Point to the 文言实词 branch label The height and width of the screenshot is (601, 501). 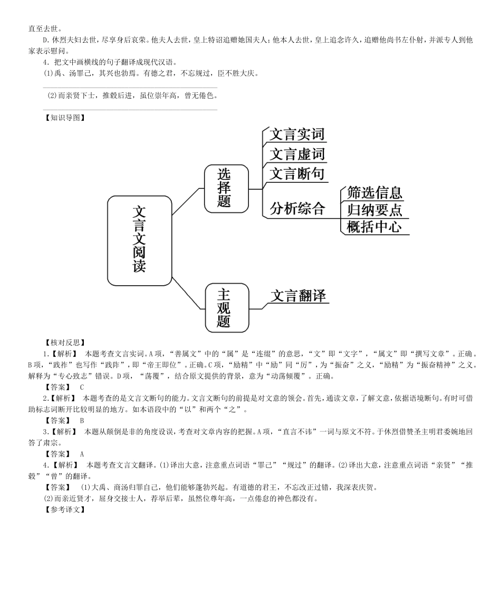pyautogui.click(x=296, y=134)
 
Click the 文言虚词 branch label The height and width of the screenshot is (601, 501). pyautogui.click(x=297, y=154)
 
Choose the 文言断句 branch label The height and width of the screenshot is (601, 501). pyautogui.click(x=297, y=174)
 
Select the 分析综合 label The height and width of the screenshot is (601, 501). pyautogui.click(x=297, y=209)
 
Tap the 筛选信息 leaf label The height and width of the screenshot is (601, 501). pyautogui.click(x=374, y=193)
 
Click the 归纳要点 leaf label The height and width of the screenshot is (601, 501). pyautogui.click(x=374, y=210)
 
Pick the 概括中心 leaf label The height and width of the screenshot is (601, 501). pyautogui.click(x=374, y=227)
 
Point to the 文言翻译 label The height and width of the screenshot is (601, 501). pyautogui.click(x=299, y=296)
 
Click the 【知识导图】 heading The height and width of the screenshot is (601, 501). pyautogui.click(x=64, y=118)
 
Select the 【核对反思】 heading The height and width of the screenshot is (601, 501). pyautogui.click(x=64, y=343)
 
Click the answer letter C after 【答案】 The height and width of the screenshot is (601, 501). pyautogui.click(x=82, y=387)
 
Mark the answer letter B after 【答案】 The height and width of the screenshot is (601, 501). pyautogui.click(x=82, y=420)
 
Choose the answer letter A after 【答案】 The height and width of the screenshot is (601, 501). pyautogui.click(x=82, y=453)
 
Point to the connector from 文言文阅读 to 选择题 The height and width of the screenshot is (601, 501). pyautogui.click(x=188, y=201)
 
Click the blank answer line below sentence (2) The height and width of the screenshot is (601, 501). pyautogui.click(x=130, y=110)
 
